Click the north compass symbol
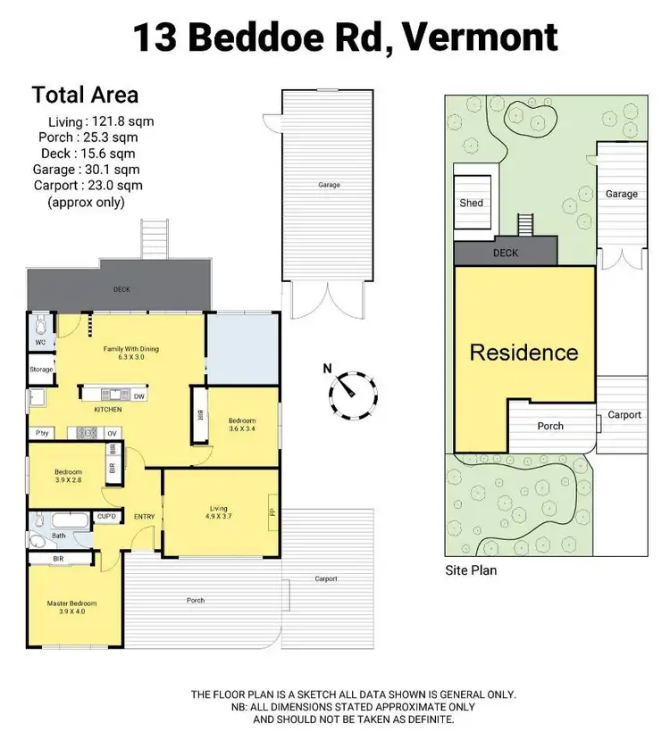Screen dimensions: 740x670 pyautogui.click(x=352, y=394)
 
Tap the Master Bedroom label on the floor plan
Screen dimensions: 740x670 pyautogui.click(x=71, y=608)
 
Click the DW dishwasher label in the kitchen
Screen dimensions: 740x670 pyautogui.click(x=138, y=395)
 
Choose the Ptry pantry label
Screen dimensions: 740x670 pyautogui.click(x=41, y=433)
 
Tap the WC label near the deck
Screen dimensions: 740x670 pyautogui.click(x=39, y=342)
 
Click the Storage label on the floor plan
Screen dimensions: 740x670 pyautogui.click(x=41, y=370)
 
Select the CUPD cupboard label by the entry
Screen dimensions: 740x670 pyautogui.click(x=106, y=516)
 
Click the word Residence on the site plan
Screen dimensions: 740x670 pyautogui.click(x=524, y=352)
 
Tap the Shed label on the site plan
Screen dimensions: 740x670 pyautogui.click(x=471, y=203)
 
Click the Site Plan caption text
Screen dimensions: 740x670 pyautogui.click(x=471, y=570)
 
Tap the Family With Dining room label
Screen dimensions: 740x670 pyautogui.click(x=130, y=353)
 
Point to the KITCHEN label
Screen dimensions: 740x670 pyautogui.click(x=108, y=410)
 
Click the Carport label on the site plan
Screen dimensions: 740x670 pyautogui.click(x=624, y=415)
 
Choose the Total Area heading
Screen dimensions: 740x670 pyautogui.click(x=85, y=95)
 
